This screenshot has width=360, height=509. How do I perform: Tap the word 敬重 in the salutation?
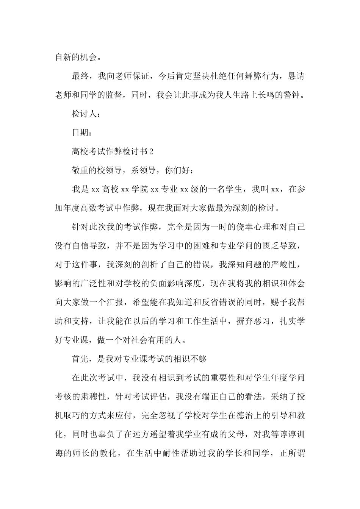pos(80,170)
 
